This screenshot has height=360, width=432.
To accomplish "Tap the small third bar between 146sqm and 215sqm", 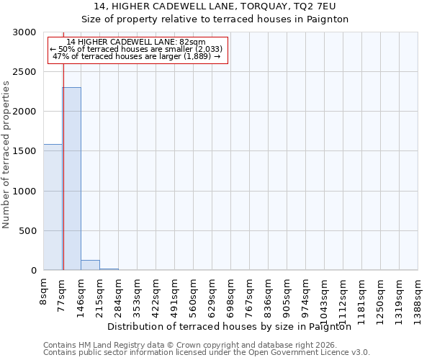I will [90, 265].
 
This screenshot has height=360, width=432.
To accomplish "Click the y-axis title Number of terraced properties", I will [6, 154].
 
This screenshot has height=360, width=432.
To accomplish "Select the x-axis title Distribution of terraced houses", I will [234, 326].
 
